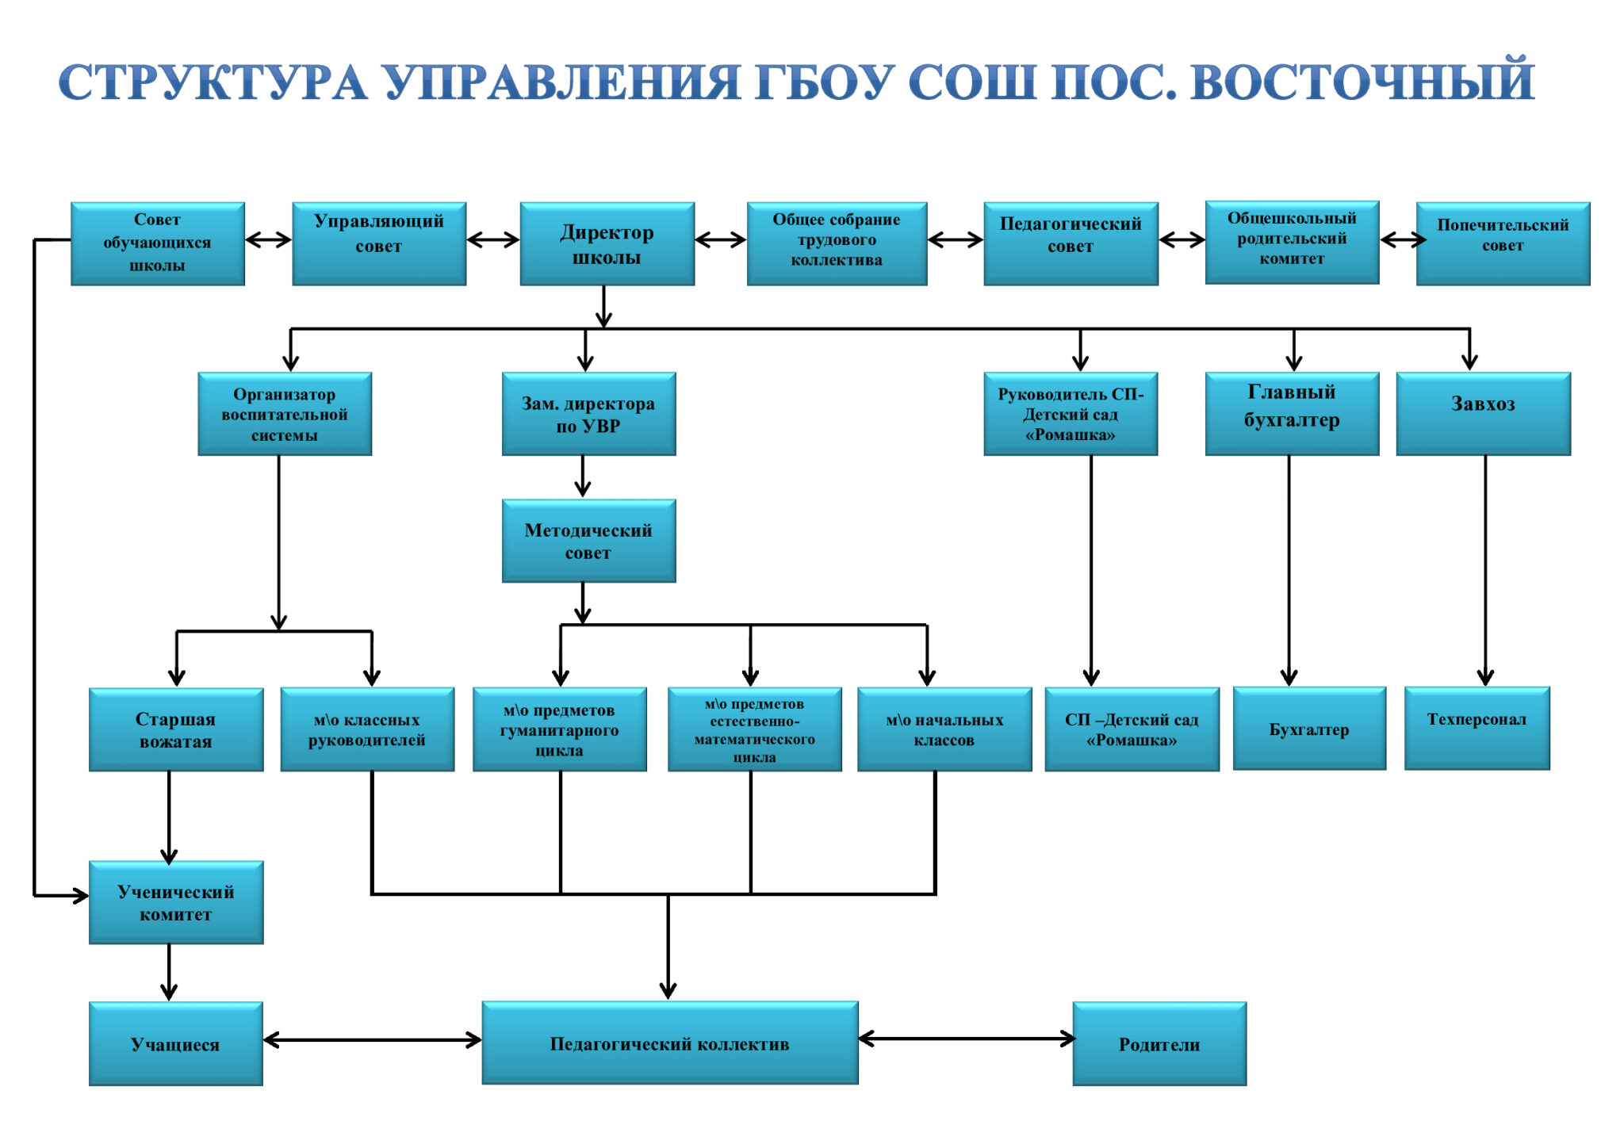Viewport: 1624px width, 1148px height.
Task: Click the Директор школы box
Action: (607, 243)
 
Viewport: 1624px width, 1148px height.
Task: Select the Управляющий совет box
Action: (379, 243)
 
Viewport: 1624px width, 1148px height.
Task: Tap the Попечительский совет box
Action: (1503, 243)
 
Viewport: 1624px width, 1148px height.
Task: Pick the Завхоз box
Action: (1483, 413)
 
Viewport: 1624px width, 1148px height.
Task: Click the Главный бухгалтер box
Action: (1292, 413)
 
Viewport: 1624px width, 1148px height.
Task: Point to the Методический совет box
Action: (588, 541)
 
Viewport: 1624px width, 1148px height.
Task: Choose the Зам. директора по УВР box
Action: (588, 413)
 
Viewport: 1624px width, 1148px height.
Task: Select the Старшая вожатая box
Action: (176, 729)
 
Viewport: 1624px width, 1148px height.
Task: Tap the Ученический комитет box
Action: (176, 902)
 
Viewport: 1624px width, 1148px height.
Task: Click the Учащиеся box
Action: (176, 1043)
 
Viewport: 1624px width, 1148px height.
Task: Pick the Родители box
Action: (1159, 1043)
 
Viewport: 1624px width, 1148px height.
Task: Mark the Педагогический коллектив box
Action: (670, 1043)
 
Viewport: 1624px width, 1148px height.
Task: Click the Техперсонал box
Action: (1477, 728)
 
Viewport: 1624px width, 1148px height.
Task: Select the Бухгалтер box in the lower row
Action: (1309, 728)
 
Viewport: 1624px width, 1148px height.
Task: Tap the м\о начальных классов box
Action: (944, 729)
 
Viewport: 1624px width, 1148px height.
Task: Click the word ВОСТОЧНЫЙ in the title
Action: (1362, 82)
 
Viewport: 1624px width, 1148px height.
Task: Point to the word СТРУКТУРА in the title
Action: (213, 82)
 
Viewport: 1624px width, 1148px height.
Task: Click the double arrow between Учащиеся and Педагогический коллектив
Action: (372, 1040)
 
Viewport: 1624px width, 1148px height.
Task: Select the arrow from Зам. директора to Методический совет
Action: (583, 476)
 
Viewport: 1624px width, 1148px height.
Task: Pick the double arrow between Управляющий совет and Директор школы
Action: (492, 239)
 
